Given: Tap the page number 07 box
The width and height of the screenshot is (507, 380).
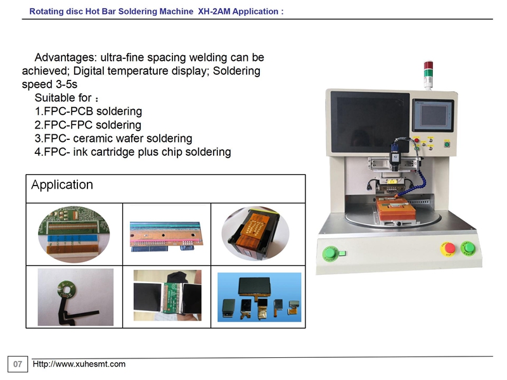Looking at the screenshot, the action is (18, 364).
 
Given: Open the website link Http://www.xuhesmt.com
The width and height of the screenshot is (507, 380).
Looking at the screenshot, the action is (79, 364).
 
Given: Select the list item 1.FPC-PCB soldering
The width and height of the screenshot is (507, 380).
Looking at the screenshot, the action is (88, 111).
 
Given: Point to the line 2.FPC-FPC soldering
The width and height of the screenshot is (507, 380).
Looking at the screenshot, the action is (88, 125).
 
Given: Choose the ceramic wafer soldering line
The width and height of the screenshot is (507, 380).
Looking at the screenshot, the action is (113, 138).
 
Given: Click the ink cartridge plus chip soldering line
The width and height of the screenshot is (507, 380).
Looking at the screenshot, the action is (132, 152).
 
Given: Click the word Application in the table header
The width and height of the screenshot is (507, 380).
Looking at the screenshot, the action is (62, 184).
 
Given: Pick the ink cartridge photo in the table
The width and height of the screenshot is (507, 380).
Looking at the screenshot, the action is (255, 234).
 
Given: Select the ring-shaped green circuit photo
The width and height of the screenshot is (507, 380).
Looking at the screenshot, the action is (75, 297).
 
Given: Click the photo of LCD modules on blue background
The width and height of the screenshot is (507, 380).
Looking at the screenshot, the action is (259, 297).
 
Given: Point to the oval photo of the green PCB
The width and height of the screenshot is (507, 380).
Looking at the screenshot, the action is (74, 234).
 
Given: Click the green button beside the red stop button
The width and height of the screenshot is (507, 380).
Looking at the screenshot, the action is (468, 248).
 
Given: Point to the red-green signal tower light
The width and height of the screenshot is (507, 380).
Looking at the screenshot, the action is (428, 74).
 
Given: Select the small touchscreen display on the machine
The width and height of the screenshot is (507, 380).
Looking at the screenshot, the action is (433, 115).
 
